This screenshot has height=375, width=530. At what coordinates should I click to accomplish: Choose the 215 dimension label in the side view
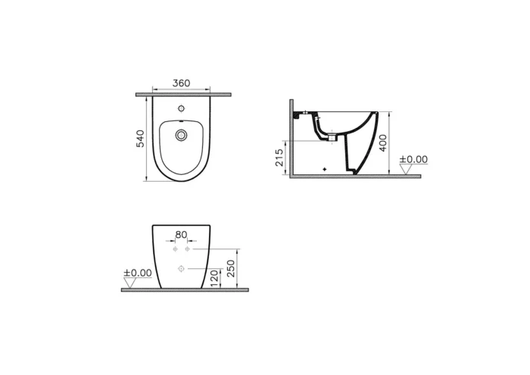279,157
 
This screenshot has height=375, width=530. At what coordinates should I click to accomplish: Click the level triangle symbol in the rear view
130,283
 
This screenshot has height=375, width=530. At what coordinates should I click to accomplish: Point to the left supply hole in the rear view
175,249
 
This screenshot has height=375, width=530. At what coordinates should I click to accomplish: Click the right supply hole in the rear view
186,249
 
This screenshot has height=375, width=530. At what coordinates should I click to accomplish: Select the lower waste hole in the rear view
180,269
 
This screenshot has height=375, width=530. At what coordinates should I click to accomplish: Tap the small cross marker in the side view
324,167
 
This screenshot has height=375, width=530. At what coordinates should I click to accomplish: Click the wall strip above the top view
182,94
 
